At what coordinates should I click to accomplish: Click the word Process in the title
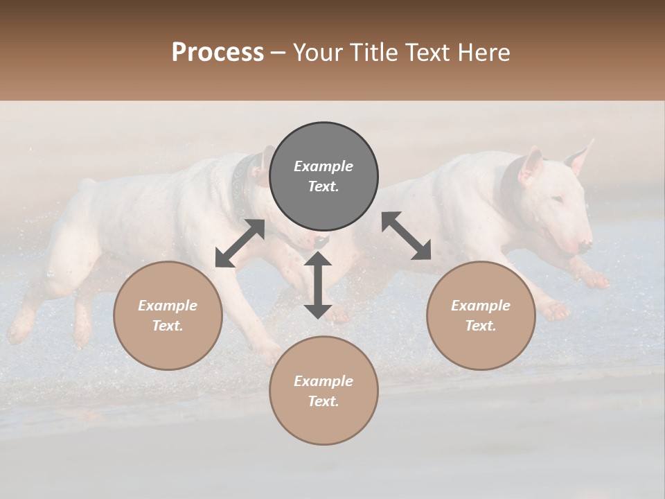click(x=218, y=52)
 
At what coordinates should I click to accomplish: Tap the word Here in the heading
click(x=484, y=52)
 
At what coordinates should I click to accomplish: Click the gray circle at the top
click(x=323, y=177)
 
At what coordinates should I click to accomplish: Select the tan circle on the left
click(x=168, y=315)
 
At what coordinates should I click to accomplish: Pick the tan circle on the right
click(x=481, y=315)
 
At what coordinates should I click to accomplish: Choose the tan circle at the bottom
click(x=323, y=390)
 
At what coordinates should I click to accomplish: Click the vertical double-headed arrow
click(x=318, y=285)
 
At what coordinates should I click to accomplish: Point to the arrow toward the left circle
click(x=240, y=243)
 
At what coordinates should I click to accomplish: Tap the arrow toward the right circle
click(x=407, y=236)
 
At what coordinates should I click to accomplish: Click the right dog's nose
click(x=586, y=245)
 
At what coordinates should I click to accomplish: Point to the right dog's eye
click(x=558, y=200)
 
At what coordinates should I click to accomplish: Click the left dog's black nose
click(x=321, y=241)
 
